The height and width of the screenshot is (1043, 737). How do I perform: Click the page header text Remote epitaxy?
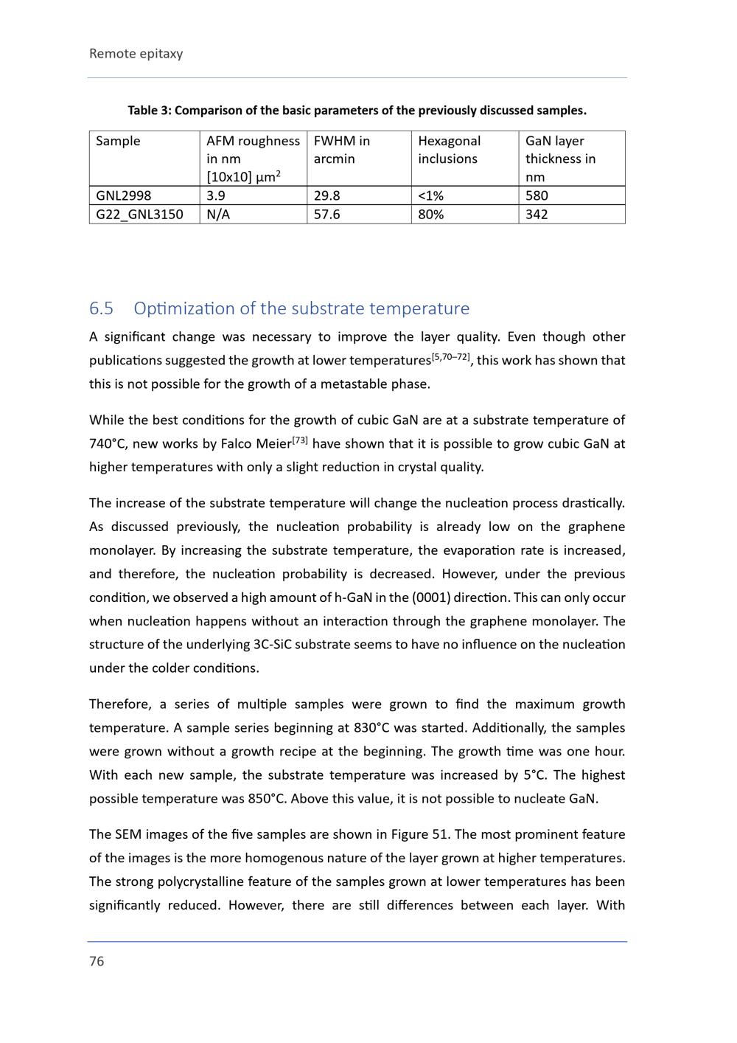136,53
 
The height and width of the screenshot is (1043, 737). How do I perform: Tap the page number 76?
97,960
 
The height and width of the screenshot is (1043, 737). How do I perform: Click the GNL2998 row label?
123,195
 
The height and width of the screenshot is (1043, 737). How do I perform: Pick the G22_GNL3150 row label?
139,215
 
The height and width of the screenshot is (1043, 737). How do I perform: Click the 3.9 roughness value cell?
216,195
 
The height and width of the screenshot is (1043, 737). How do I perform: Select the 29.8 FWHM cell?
326,195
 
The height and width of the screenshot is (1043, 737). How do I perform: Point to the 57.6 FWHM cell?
326,215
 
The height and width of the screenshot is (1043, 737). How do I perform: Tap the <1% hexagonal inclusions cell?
431,195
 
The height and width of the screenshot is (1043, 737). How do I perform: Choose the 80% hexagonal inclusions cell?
431,215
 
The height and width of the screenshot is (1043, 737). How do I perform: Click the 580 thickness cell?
537,195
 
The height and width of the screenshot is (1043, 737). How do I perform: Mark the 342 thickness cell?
537,215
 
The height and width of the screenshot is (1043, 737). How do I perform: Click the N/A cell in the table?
218,215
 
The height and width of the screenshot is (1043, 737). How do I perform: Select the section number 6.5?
101,308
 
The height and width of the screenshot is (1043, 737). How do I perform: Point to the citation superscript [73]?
299,440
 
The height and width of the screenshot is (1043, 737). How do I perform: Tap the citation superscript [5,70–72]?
450,357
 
